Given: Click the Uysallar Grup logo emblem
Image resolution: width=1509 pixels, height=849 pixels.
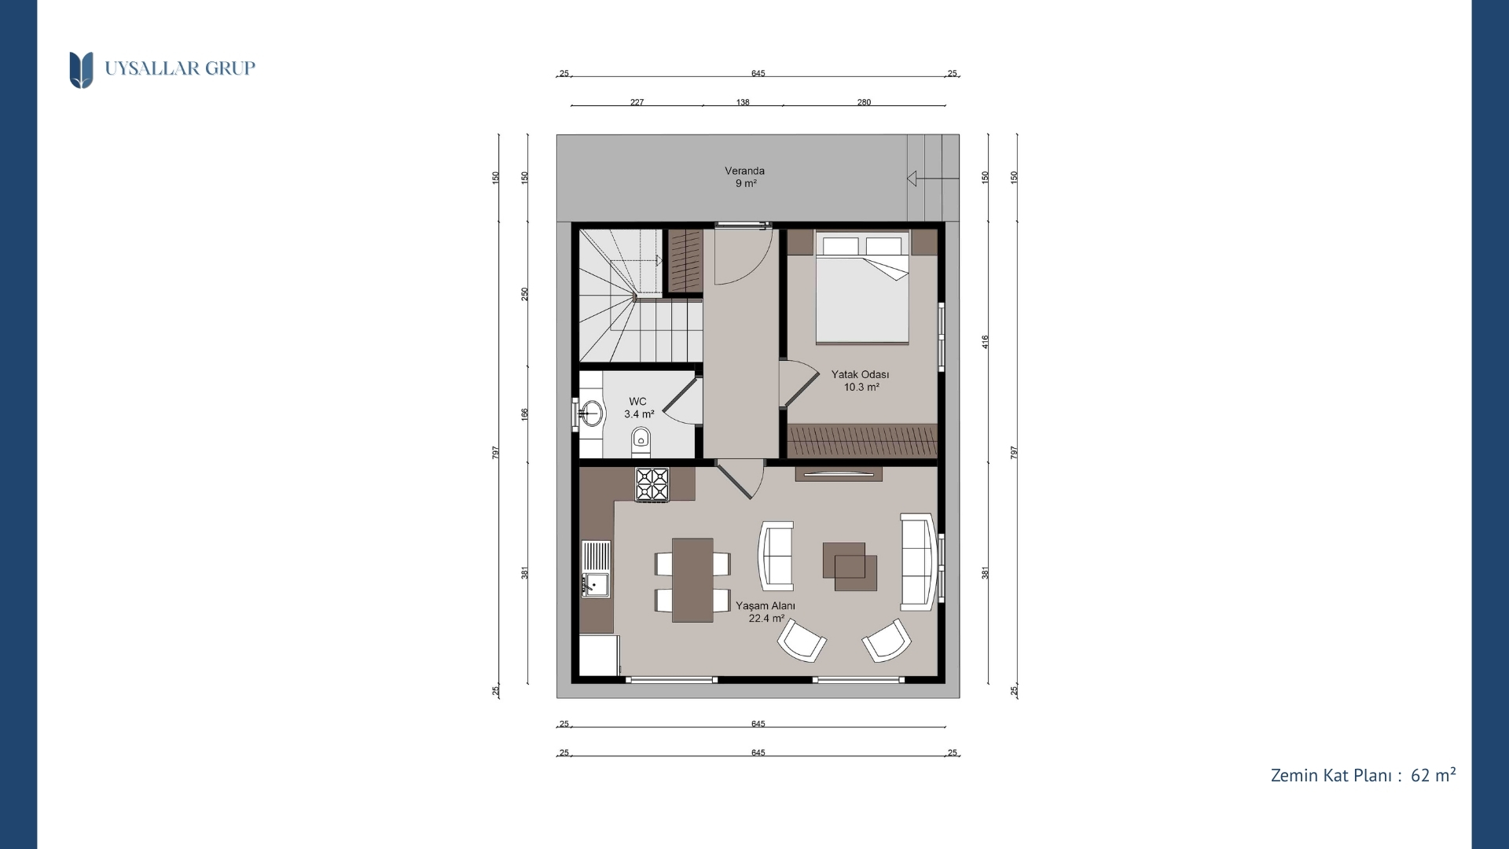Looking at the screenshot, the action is click(x=81, y=70).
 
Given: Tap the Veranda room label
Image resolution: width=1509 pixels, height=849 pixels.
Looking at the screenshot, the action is click(x=744, y=171).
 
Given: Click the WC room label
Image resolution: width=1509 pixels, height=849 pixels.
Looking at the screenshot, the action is click(x=637, y=402).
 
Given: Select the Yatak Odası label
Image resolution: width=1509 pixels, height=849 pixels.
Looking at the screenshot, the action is click(x=861, y=375).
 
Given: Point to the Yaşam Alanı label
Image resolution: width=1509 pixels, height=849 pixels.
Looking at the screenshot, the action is click(x=766, y=606).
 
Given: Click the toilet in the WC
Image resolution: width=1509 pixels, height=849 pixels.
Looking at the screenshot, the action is click(x=641, y=442).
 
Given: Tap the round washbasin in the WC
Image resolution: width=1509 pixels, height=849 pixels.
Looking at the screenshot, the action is click(x=592, y=413).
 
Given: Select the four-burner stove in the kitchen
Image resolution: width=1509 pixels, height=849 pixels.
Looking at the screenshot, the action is click(x=652, y=484).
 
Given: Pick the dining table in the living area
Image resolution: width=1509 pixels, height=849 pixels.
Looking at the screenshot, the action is click(x=692, y=579).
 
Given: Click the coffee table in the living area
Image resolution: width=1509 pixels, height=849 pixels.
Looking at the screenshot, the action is click(x=850, y=566).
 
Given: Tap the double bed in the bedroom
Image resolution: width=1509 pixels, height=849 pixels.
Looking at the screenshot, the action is click(x=862, y=288).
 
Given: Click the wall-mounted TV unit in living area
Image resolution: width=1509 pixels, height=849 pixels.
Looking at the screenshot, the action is click(x=839, y=474).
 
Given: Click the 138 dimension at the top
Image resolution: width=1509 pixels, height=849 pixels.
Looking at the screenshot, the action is click(x=743, y=102).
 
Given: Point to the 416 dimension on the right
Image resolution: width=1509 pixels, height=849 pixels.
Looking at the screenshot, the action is click(x=986, y=342).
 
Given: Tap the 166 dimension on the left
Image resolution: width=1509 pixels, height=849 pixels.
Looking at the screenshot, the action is click(x=525, y=413).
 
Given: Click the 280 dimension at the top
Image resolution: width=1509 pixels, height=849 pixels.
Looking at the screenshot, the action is click(x=864, y=102).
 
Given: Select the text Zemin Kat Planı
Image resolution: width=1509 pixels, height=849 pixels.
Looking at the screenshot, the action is click(x=1332, y=776).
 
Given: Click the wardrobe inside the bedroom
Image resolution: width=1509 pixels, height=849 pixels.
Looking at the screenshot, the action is click(x=862, y=441).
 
